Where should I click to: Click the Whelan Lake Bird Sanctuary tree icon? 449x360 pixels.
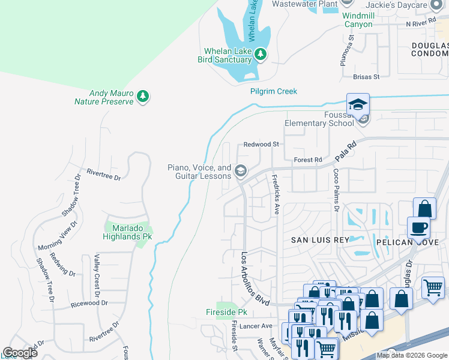pyautogui.click(x=261, y=55)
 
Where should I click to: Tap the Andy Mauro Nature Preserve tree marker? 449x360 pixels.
pyautogui.click(x=142, y=96)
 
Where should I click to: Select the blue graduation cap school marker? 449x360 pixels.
pyautogui.click(x=358, y=105)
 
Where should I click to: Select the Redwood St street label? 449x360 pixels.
pyautogui.click(x=261, y=145)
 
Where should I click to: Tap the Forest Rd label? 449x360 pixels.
pyautogui.click(x=308, y=160)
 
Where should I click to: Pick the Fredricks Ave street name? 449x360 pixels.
pyautogui.click(x=276, y=194)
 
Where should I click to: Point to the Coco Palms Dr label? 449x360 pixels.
pyautogui.click(x=336, y=190)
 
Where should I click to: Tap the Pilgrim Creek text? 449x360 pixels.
pyautogui.click(x=274, y=92)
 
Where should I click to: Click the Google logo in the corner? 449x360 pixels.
pyautogui.click(x=20, y=353)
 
